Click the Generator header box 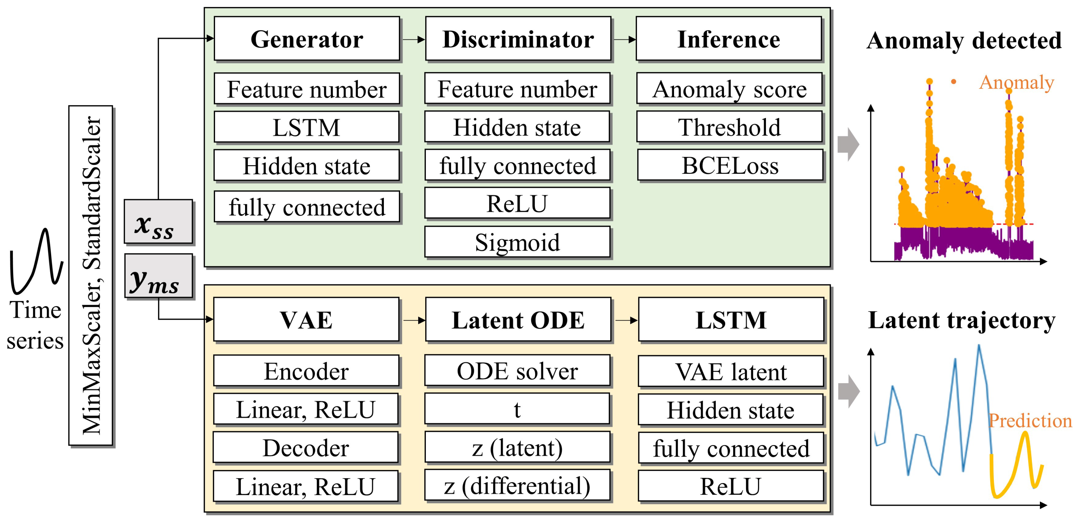pos(307,39)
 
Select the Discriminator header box pos(518,39)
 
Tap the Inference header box pos(729,39)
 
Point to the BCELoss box pos(730,165)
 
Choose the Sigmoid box pos(517,242)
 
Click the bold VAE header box pos(306,320)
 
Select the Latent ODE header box pos(518,320)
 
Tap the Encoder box pos(306,371)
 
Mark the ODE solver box pos(517,371)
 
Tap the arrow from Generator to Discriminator pos(414,40)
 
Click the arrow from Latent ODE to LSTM pos(626,321)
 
